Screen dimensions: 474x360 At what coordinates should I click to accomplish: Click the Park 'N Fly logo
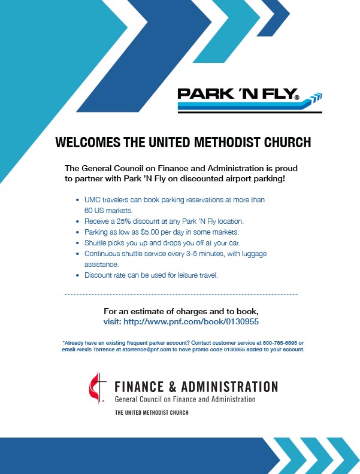249,99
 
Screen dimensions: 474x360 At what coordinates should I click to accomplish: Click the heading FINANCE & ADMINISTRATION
196,386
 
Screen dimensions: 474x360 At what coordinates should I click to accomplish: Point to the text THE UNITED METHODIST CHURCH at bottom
152,413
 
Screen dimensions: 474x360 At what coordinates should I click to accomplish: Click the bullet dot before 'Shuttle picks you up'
76,243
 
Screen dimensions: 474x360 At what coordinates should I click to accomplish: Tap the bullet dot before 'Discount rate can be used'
76,275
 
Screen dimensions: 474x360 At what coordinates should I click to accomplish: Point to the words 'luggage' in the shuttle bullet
254,254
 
